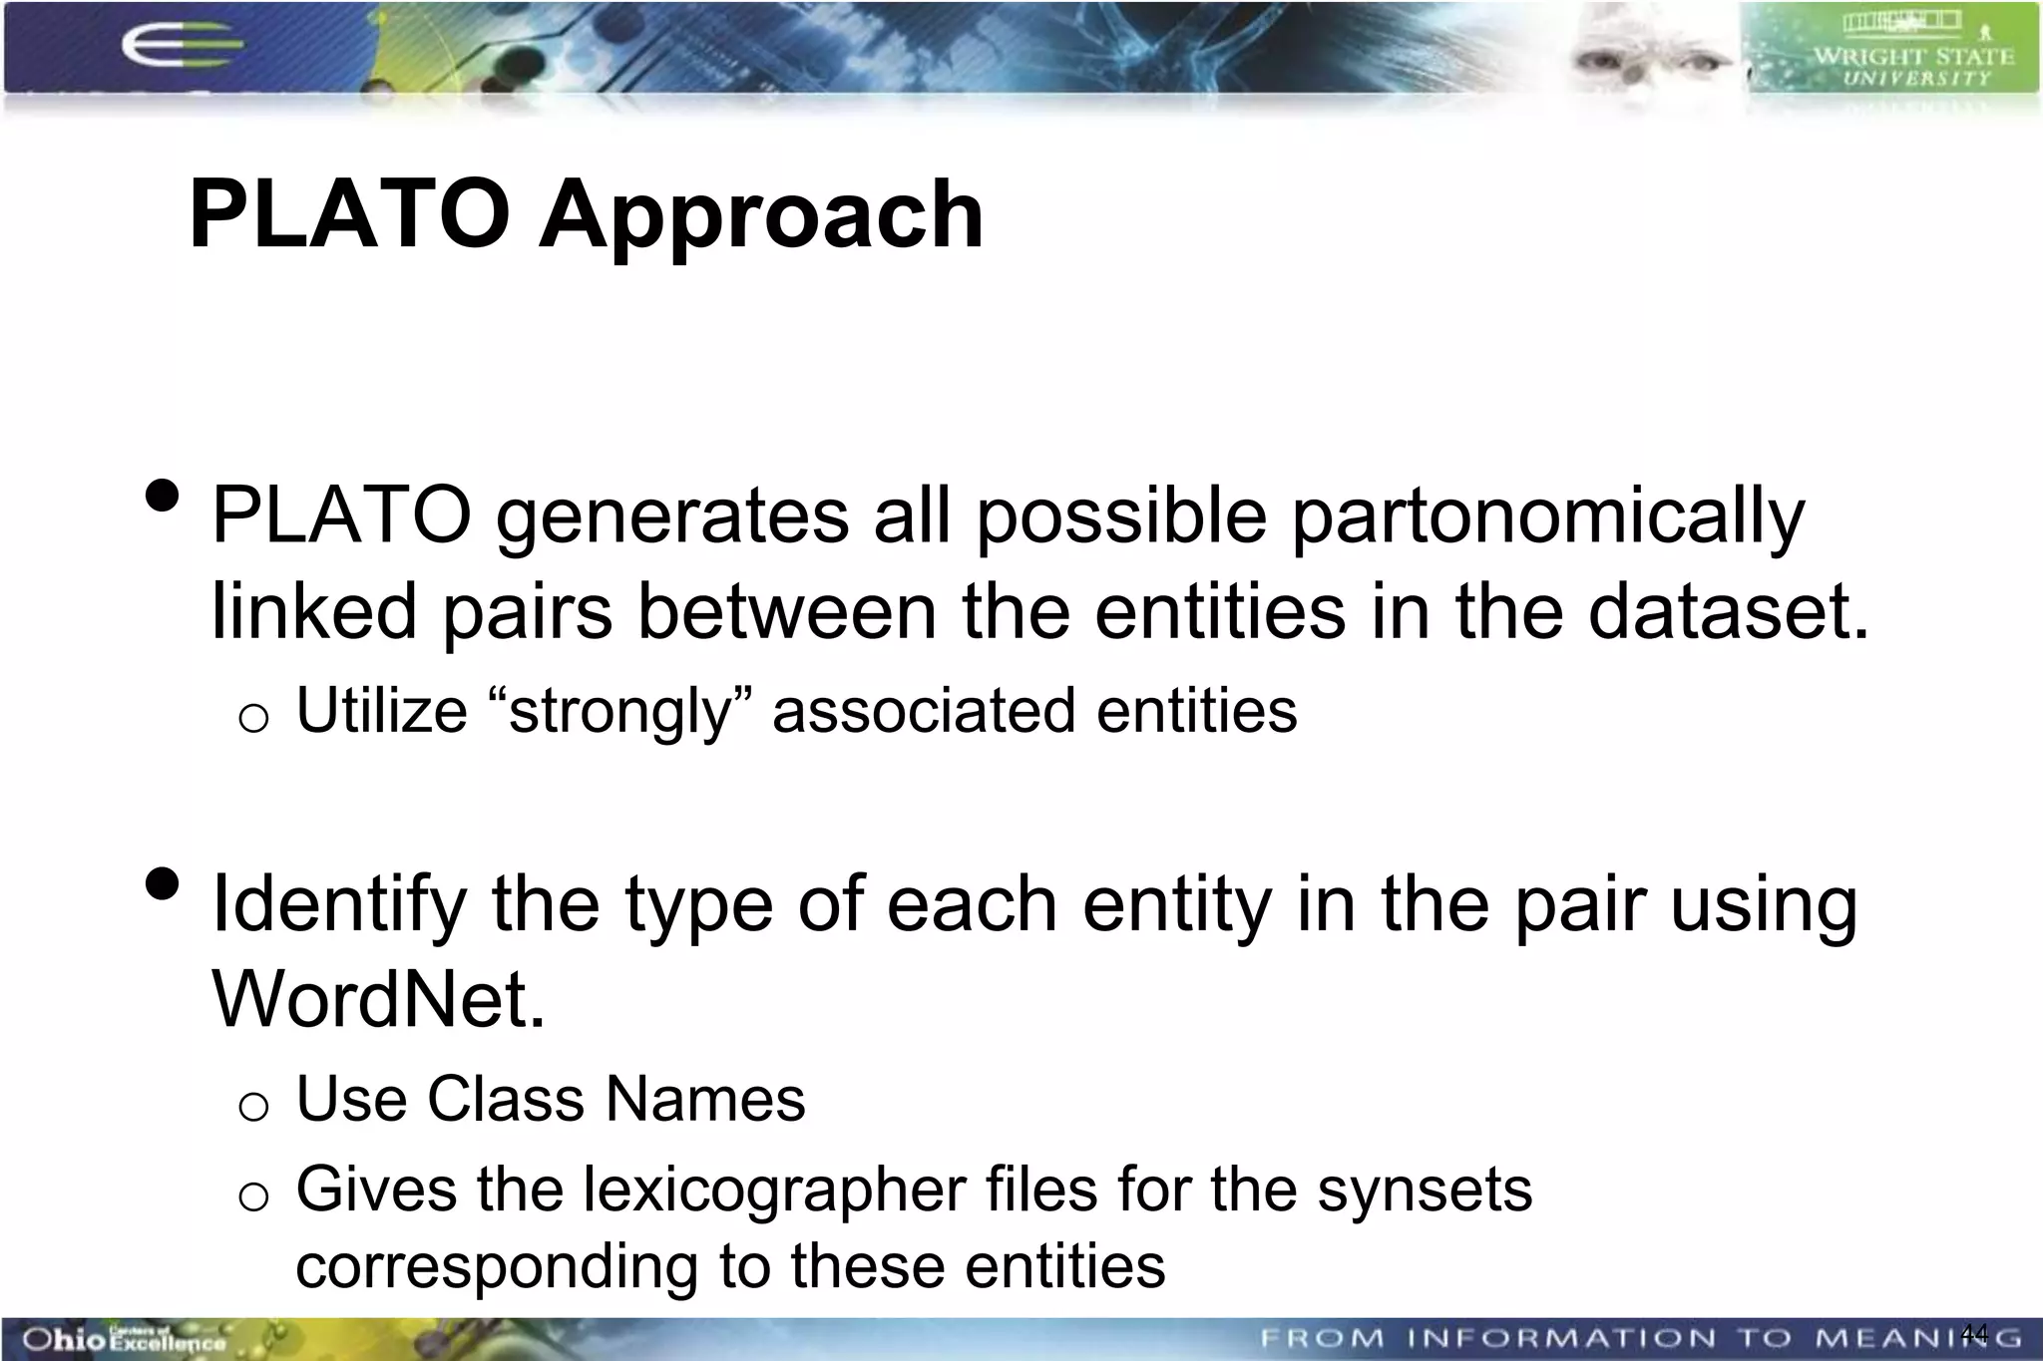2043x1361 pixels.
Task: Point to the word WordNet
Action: [378, 998]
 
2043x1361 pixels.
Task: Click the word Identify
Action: [339, 904]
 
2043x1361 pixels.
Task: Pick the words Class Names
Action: [615, 1100]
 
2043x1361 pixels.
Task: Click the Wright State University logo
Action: [1892, 50]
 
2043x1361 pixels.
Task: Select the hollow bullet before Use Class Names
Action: [254, 1106]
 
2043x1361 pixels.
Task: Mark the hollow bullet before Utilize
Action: [254, 717]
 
